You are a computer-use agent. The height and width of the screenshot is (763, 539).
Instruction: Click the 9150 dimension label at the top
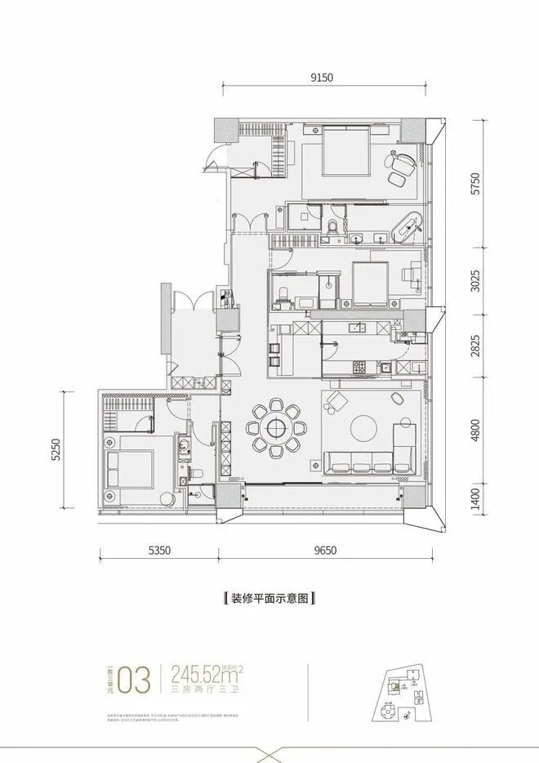pos(323,78)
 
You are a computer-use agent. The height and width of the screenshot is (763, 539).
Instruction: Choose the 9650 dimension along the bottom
pos(323,551)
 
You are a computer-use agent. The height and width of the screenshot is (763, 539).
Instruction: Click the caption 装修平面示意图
pos(269,598)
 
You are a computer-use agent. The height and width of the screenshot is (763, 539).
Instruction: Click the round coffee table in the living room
pos(363,426)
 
